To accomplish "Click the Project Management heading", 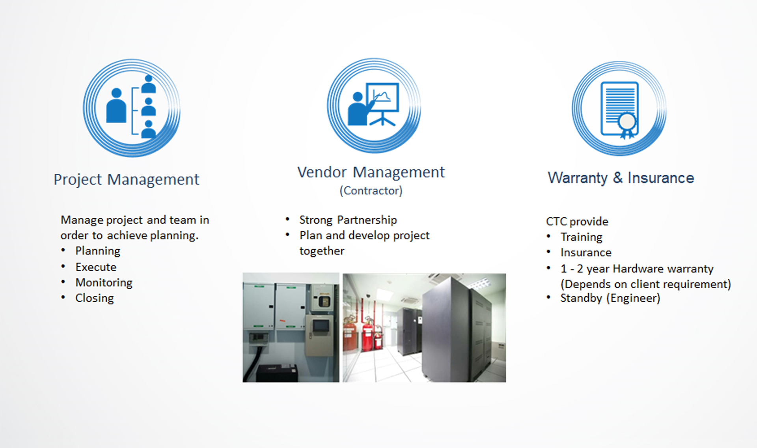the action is (x=126, y=180).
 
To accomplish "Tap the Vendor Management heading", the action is (x=371, y=172).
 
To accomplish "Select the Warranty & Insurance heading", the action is (x=621, y=178).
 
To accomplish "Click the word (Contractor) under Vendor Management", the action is (x=371, y=191).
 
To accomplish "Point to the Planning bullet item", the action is (x=98, y=251).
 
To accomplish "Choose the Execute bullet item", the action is (x=96, y=267).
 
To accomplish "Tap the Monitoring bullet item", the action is (x=104, y=283).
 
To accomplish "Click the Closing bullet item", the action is (x=95, y=298).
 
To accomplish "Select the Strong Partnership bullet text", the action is (x=348, y=220).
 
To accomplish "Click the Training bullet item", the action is (x=582, y=237).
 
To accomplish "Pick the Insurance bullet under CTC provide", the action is (x=586, y=252).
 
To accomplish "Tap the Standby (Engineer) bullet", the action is (x=610, y=298).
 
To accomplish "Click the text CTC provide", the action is (x=577, y=222).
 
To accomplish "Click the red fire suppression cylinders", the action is (x=363, y=333).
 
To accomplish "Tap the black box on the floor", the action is (x=277, y=373).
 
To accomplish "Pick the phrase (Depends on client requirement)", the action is (x=646, y=284).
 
